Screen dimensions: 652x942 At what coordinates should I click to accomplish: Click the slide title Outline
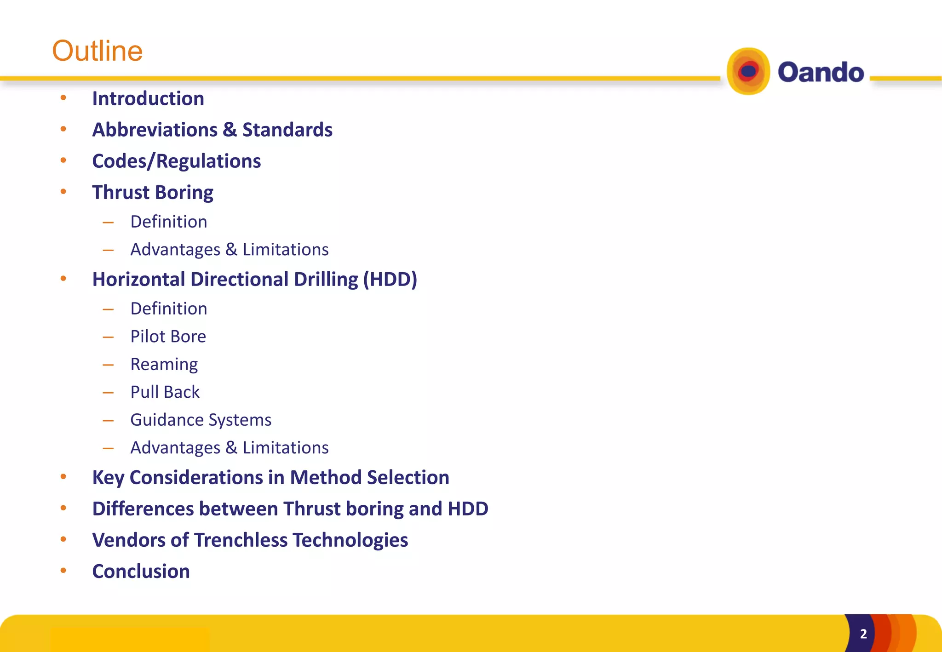click(97, 51)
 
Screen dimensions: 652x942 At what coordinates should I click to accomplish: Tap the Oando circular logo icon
click(748, 72)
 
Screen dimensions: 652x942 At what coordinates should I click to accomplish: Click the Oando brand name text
click(821, 72)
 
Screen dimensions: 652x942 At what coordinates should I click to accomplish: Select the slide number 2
click(863, 634)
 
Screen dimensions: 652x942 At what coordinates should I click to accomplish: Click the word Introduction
click(148, 98)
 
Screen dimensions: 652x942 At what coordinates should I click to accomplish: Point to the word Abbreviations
click(155, 130)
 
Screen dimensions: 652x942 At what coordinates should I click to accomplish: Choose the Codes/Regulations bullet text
click(176, 161)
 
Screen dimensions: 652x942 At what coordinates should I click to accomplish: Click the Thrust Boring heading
click(153, 192)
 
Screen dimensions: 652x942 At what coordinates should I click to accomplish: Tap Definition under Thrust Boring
click(169, 222)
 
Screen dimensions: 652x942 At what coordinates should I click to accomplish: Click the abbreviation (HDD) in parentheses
click(390, 279)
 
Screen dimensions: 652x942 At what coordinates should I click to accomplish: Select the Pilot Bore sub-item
click(168, 336)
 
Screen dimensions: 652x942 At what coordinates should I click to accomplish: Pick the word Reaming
click(164, 364)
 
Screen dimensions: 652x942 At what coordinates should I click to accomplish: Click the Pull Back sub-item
click(165, 392)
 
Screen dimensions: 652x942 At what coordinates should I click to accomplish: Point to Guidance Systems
click(201, 420)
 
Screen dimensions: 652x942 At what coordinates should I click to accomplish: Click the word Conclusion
click(141, 571)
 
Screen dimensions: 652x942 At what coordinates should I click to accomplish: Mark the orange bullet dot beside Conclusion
click(63, 571)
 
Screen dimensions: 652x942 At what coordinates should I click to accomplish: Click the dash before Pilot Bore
click(108, 337)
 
